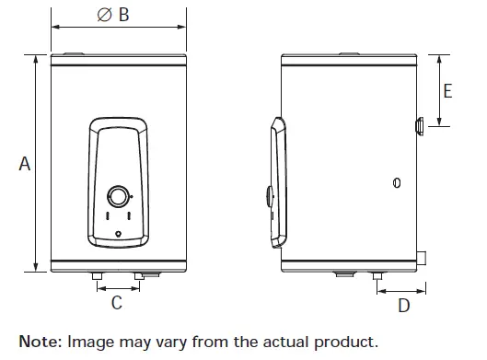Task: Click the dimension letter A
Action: [x=25, y=164]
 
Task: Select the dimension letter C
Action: [x=117, y=303]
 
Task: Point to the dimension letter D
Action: [x=403, y=306]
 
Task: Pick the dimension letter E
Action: [x=448, y=90]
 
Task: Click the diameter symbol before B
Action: [x=104, y=16]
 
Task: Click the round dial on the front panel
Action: [x=119, y=196]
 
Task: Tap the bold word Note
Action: [x=39, y=342]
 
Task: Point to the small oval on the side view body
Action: [x=397, y=182]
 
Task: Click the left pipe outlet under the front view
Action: [x=96, y=275]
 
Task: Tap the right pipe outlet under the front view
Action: [x=139, y=275]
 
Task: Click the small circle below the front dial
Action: [x=119, y=236]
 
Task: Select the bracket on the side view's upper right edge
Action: [x=419, y=125]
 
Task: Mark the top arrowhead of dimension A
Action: [x=37, y=58]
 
